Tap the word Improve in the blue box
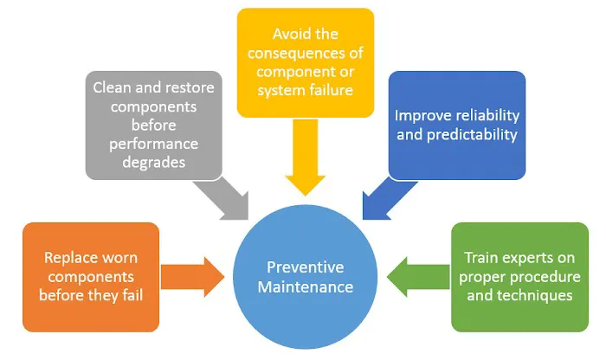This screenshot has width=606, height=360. pos(421,115)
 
